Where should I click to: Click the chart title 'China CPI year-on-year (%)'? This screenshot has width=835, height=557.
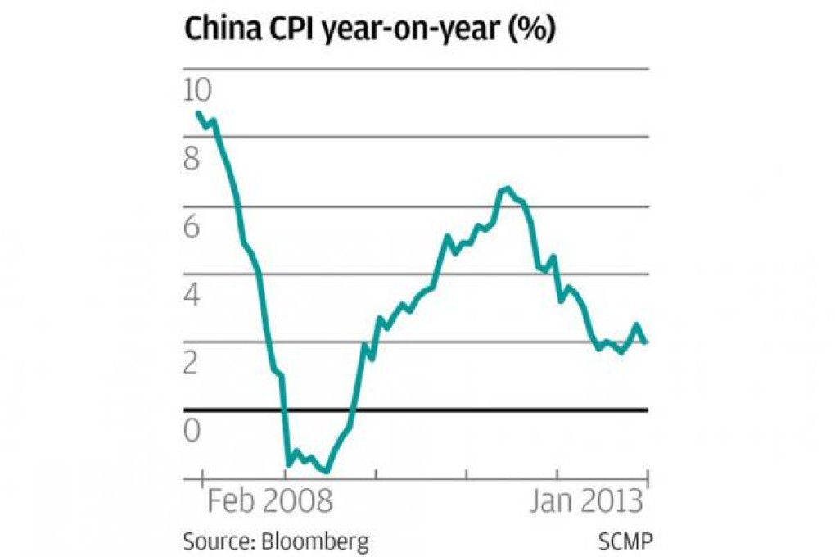(370, 30)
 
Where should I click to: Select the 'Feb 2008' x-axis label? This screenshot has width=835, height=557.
(269, 500)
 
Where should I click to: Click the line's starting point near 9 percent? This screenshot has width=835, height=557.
(199, 113)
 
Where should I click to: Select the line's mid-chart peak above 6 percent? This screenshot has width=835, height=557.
(507, 189)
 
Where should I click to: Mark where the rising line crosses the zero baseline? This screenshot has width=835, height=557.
(354, 409)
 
